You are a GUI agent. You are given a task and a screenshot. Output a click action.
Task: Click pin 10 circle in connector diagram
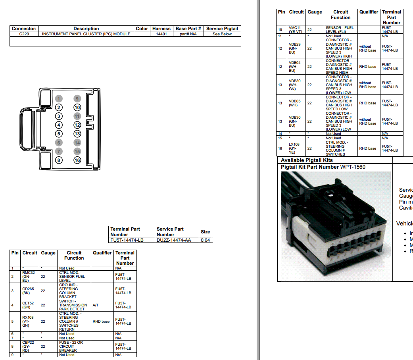pyautogui.click(x=77, y=108)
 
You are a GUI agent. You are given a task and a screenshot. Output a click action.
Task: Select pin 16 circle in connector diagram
pyautogui.click(x=77, y=160)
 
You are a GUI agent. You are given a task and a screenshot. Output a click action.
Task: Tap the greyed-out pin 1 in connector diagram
pyautogui.click(x=59, y=99)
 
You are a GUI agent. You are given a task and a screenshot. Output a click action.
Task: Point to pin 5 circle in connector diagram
pyautogui.click(x=59, y=134)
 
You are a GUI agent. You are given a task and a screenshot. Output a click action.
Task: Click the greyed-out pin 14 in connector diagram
pyautogui.click(x=77, y=143)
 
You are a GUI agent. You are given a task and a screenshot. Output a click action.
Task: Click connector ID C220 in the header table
pyautogui.click(x=24, y=34)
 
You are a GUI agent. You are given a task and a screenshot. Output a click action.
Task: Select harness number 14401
pyautogui.click(x=161, y=34)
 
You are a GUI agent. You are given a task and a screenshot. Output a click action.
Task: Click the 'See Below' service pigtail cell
pyautogui.click(x=222, y=34)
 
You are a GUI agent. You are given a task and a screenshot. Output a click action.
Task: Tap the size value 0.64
pyautogui.click(x=206, y=240)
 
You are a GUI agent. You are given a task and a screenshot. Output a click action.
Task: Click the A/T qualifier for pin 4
pyautogui.click(x=96, y=305)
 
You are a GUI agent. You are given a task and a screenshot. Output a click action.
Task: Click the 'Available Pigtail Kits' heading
pyautogui.click(x=307, y=160)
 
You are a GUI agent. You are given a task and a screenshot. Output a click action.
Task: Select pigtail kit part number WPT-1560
pyautogui.click(x=353, y=167)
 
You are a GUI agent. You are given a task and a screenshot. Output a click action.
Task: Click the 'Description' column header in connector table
pyautogui.click(x=86, y=29)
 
